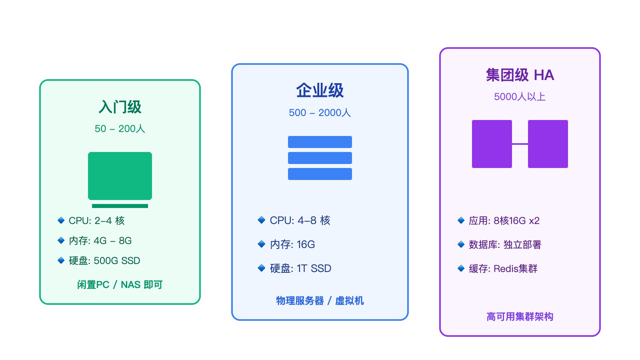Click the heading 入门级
(120, 107)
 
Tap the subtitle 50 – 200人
(120, 129)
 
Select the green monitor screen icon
(120, 176)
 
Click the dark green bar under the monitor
(120, 206)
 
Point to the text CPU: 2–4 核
(97, 221)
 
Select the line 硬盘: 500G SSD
(104, 261)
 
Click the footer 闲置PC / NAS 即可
(120, 285)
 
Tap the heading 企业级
(320, 90)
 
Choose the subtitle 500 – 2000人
(320, 113)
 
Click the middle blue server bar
(320, 158)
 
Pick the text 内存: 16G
(292, 244)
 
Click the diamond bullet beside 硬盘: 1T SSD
(262, 268)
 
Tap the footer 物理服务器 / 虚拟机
(320, 301)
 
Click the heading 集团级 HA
(520, 75)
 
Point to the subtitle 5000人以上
(520, 97)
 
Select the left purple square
(492, 144)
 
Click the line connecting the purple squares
(520, 144)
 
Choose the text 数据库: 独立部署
(505, 245)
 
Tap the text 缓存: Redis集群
(503, 269)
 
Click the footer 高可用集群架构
(520, 317)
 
